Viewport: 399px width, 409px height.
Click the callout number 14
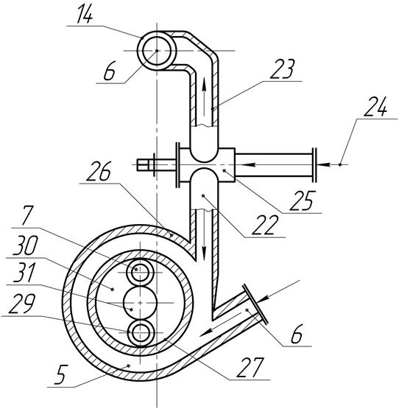pos(85,13)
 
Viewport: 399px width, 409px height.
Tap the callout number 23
pos(282,69)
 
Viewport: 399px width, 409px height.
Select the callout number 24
pos(375,106)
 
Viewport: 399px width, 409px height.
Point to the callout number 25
pos(303,200)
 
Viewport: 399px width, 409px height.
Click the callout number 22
pos(265,225)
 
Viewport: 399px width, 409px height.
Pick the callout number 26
pos(99,171)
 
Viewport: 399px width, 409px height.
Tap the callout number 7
pos(27,216)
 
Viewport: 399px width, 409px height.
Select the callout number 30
pos(25,245)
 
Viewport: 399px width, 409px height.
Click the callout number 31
pos(24,272)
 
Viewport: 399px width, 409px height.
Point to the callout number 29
pos(21,304)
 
